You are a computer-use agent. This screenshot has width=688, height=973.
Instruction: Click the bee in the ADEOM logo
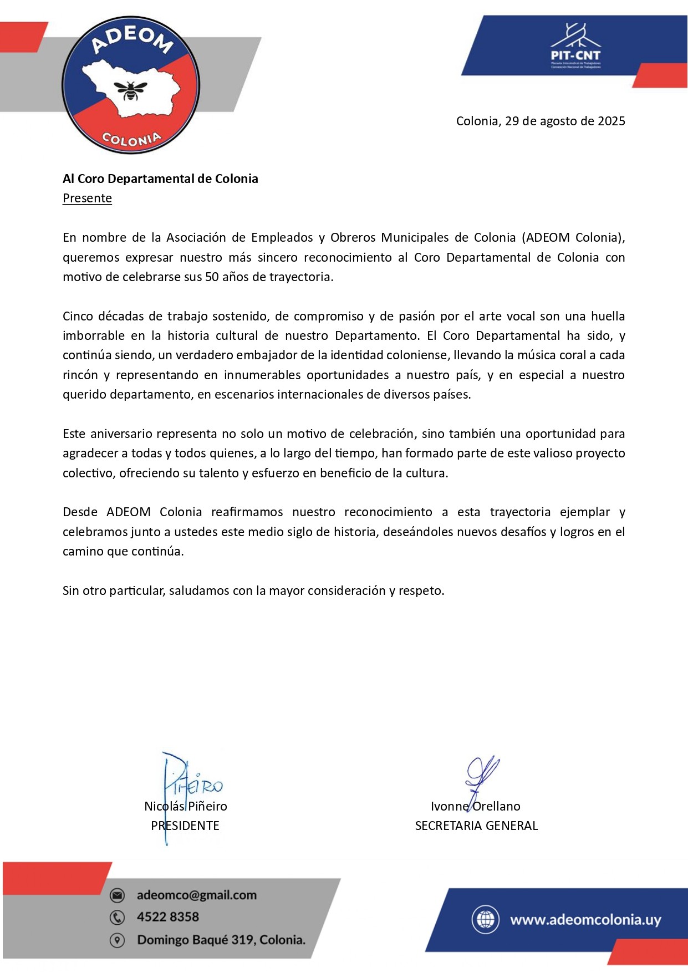pos(131,89)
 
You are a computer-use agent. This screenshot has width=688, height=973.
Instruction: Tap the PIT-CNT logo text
pos(575,55)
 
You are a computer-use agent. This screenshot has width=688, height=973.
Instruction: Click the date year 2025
pos(611,121)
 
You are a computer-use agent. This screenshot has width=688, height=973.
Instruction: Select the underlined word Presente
pos(87,198)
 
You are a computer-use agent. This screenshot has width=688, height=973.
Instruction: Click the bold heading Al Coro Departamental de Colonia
pos(160,179)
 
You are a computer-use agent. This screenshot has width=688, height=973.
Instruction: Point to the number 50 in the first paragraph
pos(212,277)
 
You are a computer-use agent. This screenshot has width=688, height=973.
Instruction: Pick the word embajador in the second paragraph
pos(254,355)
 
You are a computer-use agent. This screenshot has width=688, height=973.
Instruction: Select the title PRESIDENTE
pos(185,826)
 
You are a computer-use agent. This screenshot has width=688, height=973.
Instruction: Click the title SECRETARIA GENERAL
pos(476,826)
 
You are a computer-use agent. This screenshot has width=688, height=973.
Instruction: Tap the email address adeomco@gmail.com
pos(197,895)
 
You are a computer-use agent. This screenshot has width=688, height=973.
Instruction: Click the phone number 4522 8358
pos(168,917)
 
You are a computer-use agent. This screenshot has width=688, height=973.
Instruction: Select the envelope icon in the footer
pos(117,895)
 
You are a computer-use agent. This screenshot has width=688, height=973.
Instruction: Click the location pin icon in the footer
pos(117,940)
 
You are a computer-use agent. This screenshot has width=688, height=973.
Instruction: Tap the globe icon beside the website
pos(485,919)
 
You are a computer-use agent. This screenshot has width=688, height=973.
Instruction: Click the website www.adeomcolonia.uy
pos(585,919)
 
